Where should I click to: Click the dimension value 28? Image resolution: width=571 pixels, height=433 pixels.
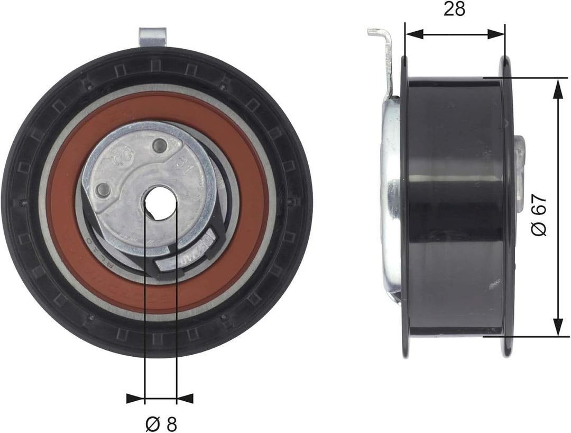point(454,9)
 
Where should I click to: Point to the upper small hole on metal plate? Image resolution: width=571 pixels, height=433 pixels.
point(159,144)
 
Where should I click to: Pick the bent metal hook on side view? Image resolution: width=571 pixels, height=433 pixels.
point(383,53)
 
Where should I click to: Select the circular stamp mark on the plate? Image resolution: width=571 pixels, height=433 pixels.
point(121,155)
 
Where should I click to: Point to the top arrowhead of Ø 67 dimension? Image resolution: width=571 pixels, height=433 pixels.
point(557,87)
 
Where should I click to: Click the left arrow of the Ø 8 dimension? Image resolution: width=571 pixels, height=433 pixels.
point(135,398)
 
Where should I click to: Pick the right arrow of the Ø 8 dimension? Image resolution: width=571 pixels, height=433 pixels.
point(185,398)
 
